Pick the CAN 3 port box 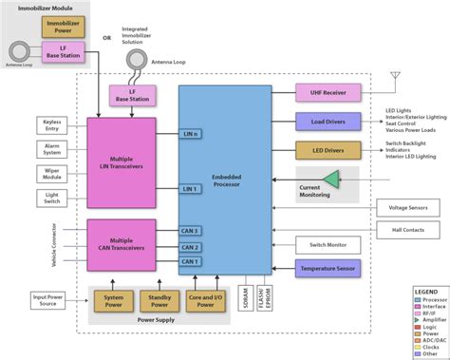[190, 231]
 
